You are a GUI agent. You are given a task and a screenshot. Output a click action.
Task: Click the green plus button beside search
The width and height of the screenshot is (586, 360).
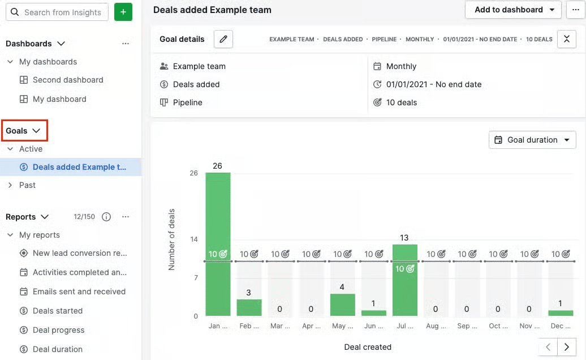(x=123, y=12)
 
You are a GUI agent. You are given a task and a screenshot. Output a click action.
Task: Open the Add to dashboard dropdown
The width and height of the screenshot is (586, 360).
(x=513, y=10)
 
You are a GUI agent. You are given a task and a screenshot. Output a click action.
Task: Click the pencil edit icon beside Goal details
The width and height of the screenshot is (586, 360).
(x=223, y=39)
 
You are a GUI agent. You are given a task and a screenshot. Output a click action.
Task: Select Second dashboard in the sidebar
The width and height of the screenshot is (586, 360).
(x=68, y=80)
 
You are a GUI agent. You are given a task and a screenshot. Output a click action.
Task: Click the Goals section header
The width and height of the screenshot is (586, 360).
(x=23, y=131)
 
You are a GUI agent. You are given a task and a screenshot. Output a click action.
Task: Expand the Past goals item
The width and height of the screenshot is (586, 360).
(x=27, y=185)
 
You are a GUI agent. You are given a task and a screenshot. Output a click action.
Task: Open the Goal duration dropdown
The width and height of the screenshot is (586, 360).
(x=532, y=140)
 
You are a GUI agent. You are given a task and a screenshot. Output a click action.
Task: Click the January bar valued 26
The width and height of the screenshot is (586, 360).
(x=218, y=243)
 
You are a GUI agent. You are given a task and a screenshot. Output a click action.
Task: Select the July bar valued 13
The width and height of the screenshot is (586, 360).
(x=404, y=280)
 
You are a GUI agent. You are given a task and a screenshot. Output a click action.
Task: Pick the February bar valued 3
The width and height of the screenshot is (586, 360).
(x=249, y=307)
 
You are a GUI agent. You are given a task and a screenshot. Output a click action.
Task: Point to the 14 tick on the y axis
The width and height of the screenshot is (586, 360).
(x=193, y=239)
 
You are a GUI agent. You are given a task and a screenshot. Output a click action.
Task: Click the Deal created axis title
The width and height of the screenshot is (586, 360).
(x=368, y=347)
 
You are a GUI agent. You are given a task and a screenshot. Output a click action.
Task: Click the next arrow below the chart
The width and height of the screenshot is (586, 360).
(x=566, y=346)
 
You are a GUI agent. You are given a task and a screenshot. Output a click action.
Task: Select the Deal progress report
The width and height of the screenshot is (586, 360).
(x=58, y=330)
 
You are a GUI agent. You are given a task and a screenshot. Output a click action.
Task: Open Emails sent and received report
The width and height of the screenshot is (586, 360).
(x=79, y=292)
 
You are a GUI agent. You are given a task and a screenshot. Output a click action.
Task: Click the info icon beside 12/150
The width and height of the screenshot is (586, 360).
(x=106, y=217)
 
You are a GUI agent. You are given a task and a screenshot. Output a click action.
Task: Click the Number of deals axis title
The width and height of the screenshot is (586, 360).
(x=171, y=239)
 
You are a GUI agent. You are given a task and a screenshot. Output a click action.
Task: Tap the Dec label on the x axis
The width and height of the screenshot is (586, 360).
(x=560, y=326)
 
